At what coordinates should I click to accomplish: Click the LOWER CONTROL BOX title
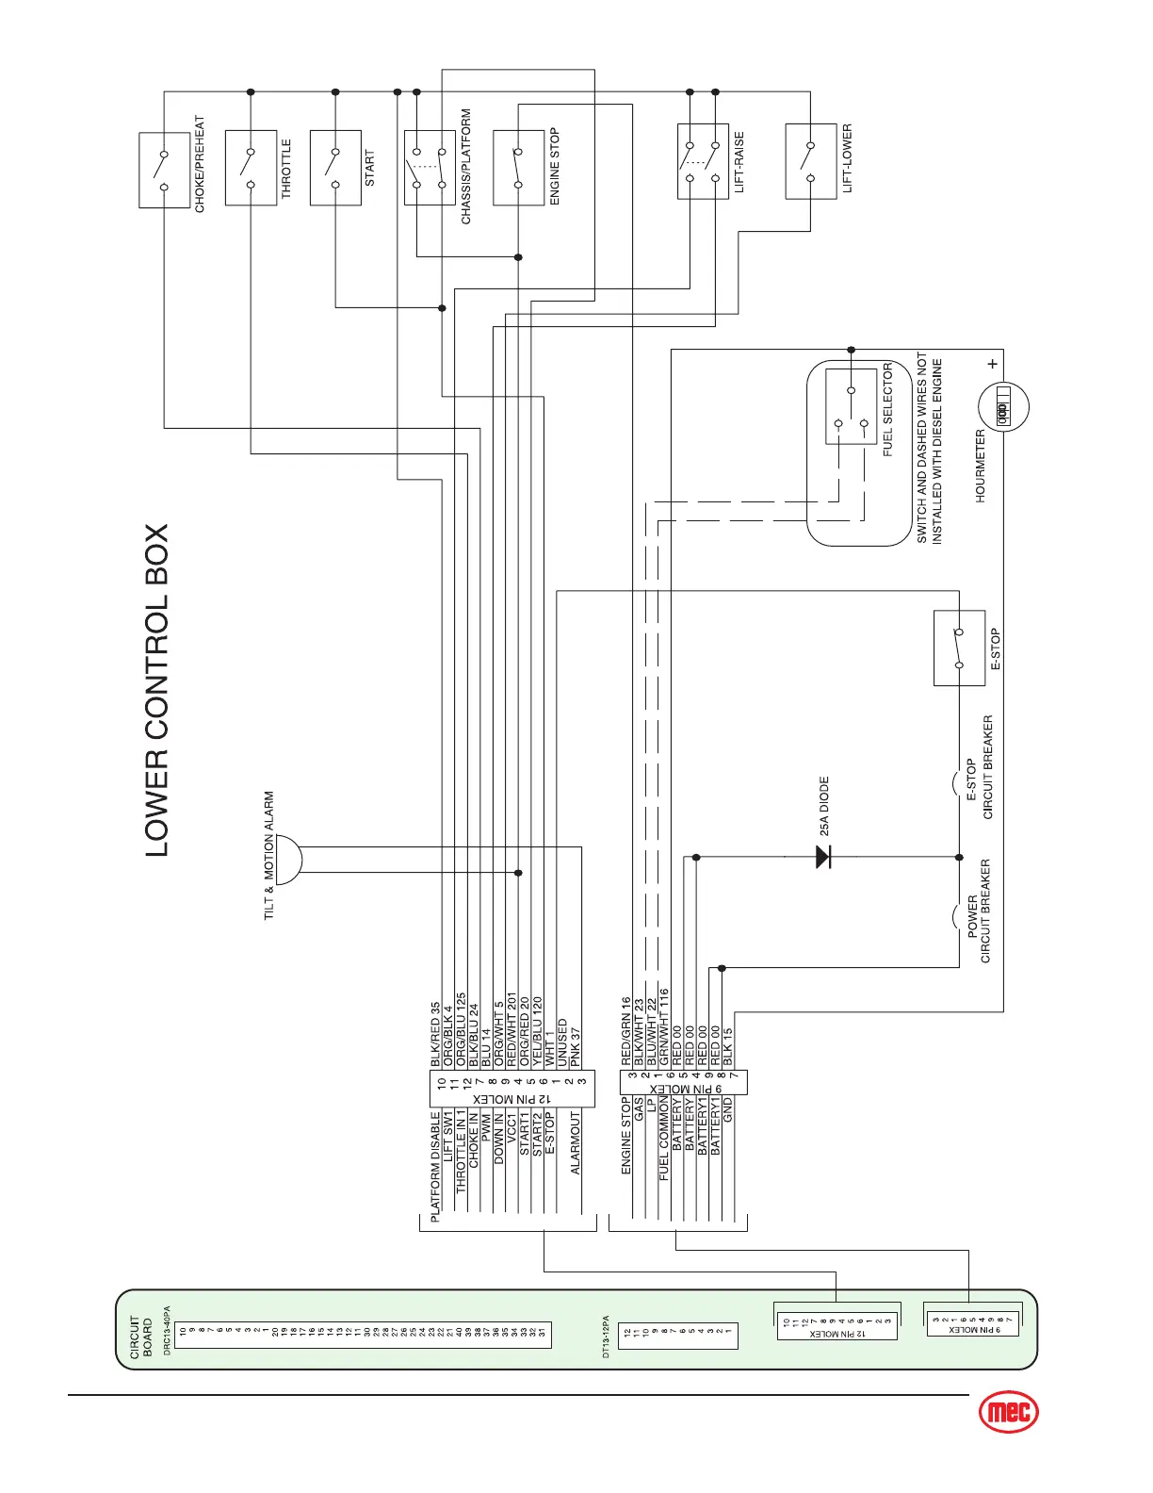(x=156, y=690)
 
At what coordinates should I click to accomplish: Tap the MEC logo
(x=1009, y=1411)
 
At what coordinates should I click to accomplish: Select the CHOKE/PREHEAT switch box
(x=164, y=170)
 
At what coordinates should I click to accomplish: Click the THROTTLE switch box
(x=251, y=168)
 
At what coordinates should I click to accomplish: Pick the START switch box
(x=335, y=168)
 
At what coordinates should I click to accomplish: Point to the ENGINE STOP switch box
(x=518, y=168)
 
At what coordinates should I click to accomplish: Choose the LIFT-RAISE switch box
(x=703, y=161)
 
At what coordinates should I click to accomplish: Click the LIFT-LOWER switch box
(x=810, y=161)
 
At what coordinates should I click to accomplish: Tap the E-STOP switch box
(x=959, y=648)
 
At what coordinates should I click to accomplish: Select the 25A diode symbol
(x=823, y=857)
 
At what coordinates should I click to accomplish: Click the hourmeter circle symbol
(x=1002, y=409)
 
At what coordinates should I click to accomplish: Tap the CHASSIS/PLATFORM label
(x=466, y=167)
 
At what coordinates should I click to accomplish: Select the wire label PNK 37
(x=576, y=1047)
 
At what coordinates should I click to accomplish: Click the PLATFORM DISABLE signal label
(x=435, y=1167)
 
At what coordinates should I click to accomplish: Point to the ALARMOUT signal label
(x=576, y=1143)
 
